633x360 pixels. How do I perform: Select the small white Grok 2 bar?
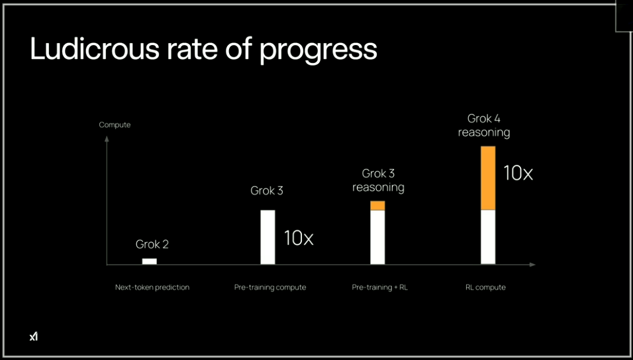click(x=150, y=261)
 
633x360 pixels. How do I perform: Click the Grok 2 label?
click(x=152, y=244)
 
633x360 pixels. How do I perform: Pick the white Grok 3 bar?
click(x=268, y=238)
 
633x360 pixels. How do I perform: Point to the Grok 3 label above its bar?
click(x=267, y=191)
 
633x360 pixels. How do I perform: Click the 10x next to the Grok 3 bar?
click(x=299, y=238)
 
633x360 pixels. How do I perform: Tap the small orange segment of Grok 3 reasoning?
click(x=377, y=205)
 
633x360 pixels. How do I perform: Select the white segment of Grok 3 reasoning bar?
click(x=377, y=238)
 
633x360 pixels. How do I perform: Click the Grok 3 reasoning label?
click(x=378, y=181)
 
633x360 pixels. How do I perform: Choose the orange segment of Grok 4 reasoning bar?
click(x=488, y=178)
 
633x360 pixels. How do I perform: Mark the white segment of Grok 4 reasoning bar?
click(x=488, y=238)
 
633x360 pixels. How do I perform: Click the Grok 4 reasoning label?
click(x=484, y=126)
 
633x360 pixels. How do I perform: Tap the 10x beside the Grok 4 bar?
click(x=518, y=173)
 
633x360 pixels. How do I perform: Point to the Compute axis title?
click(x=115, y=125)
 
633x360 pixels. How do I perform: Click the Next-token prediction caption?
click(x=152, y=288)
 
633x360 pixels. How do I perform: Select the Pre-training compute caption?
click(x=270, y=288)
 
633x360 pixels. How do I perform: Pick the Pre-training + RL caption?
click(x=380, y=288)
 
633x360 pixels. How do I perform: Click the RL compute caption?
click(x=485, y=288)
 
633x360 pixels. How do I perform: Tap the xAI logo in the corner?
click(x=34, y=336)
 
